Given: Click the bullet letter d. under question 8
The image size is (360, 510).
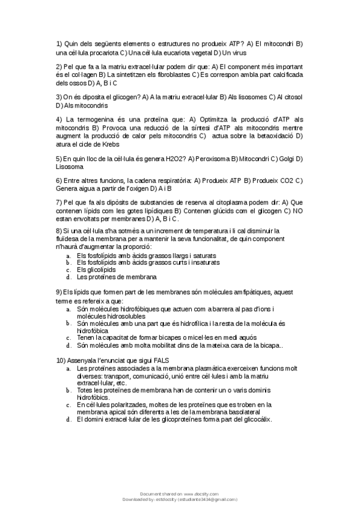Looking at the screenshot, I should tap(69, 277).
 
